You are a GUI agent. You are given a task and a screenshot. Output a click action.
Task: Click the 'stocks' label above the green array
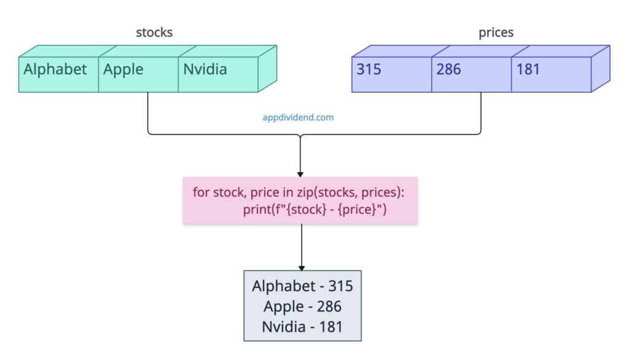pos(154,33)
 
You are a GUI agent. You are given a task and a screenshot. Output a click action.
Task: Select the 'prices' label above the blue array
pos(496,33)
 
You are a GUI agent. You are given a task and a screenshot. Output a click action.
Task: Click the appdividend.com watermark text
pos(298,117)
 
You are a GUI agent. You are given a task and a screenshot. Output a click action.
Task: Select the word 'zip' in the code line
pos(308,192)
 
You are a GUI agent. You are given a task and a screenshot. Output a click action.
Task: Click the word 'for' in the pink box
pos(201,192)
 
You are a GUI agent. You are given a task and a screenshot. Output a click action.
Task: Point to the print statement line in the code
pos(314,209)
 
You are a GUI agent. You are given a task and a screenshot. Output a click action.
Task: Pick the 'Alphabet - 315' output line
pos(302,286)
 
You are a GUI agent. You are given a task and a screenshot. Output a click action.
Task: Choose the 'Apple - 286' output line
pos(302,306)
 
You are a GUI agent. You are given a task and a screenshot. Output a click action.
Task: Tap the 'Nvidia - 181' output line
pos(302,326)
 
